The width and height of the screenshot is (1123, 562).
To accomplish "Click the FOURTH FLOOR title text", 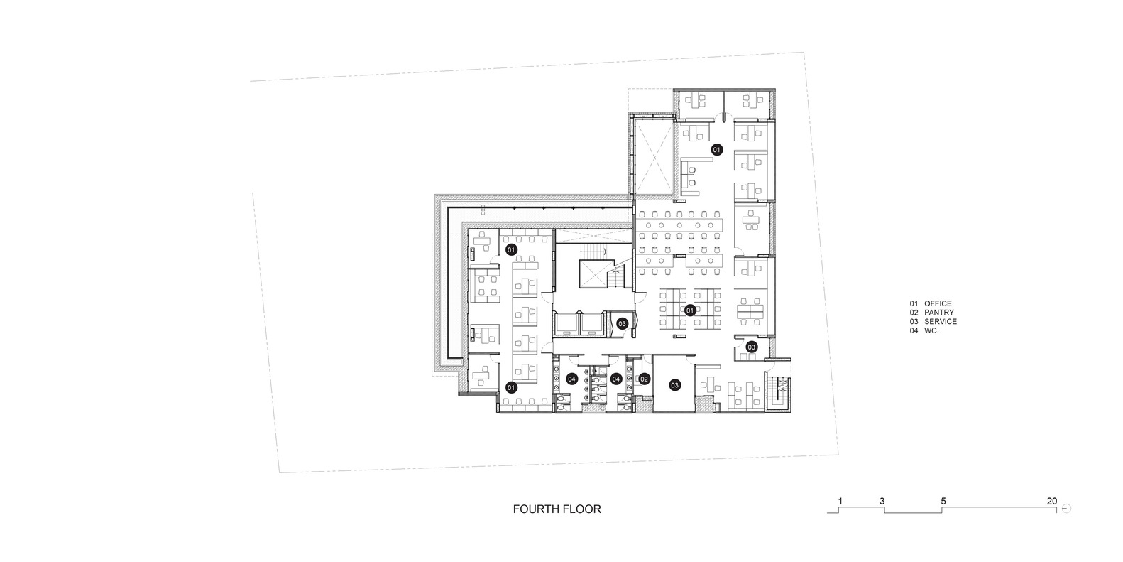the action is (557, 509).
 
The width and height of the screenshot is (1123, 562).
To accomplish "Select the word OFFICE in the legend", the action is (938, 303).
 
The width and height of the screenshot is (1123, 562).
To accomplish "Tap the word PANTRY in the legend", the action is (939, 313).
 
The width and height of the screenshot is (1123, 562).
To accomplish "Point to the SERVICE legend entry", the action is (941, 322).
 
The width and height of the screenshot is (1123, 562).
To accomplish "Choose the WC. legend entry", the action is (931, 330).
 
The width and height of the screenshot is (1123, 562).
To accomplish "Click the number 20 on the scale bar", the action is (1052, 501).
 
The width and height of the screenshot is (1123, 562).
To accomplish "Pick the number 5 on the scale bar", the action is (943, 501).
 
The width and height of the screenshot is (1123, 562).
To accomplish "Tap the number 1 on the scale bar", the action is (840, 501).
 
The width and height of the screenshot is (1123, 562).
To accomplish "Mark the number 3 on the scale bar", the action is (882, 501).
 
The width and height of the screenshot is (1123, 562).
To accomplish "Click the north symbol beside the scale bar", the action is (1066, 508).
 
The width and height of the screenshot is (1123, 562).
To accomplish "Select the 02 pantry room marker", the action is (645, 379).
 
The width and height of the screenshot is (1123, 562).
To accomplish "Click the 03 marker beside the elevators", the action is (622, 324).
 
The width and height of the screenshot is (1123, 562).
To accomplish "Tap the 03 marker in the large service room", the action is (675, 385).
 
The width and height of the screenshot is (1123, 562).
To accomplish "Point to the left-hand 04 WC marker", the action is (572, 379).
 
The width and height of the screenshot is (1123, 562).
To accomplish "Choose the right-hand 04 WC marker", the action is (616, 379).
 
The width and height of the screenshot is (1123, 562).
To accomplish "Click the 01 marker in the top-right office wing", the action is (717, 149).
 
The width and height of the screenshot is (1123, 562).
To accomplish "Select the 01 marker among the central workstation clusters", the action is (690, 310).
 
